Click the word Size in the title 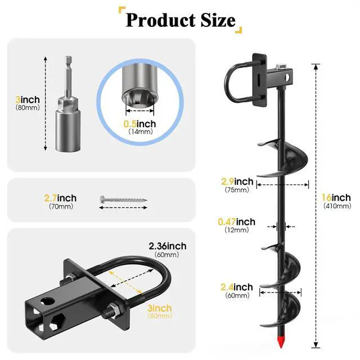pyautogui.click(x=218, y=20)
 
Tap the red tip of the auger pyautogui.click(x=280, y=342)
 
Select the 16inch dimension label pyautogui.click(x=336, y=197)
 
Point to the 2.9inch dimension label pyautogui.click(x=237, y=181)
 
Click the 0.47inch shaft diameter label pyautogui.click(x=236, y=222)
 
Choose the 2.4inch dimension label pyautogui.click(x=236, y=287)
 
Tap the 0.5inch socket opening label pyautogui.click(x=139, y=124)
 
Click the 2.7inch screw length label pyautogui.click(x=60, y=198)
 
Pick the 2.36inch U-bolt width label pyautogui.click(x=168, y=246)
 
